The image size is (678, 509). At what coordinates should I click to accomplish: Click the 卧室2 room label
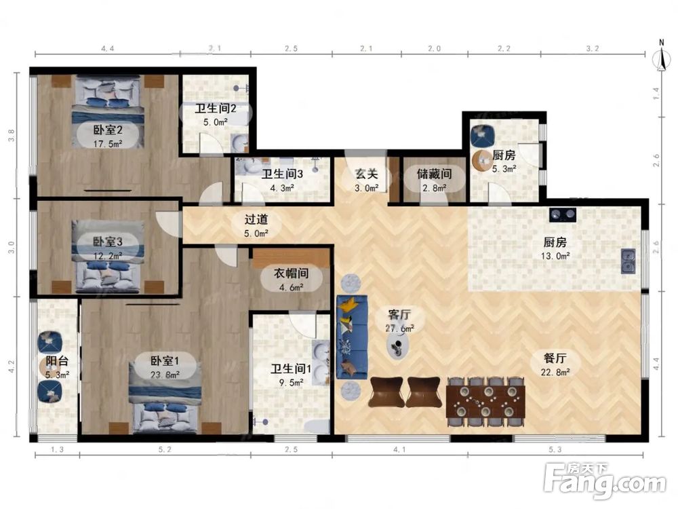tap(108, 130)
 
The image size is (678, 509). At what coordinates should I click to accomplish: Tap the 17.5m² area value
tap(108, 144)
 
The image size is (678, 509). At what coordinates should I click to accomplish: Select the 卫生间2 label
tap(216, 108)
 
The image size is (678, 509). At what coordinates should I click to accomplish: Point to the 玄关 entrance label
tap(366, 174)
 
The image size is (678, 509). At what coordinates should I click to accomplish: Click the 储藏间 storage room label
tap(434, 174)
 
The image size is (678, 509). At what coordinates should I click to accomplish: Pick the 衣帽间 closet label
tap(291, 273)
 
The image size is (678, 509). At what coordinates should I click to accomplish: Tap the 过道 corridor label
tap(256, 219)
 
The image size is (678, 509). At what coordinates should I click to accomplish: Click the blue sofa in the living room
tap(352, 337)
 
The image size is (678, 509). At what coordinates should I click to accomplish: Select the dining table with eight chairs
tap(485, 402)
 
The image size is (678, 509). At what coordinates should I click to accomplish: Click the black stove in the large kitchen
tap(563, 214)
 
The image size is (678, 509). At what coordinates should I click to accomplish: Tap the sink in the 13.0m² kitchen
tap(628, 261)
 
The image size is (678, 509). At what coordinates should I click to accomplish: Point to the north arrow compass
tap(661, 56)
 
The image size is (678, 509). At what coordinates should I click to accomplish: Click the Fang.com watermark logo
tap(605, 481)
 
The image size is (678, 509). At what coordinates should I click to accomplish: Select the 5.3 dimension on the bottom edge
tap(555, 450)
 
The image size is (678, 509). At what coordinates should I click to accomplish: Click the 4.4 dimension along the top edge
tap(108, 48)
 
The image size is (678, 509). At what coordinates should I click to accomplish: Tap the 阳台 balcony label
tap(57, 361)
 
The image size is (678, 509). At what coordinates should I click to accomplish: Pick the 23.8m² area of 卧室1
tap(165, 375)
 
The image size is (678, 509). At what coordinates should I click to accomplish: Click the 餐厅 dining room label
tap(555, 358)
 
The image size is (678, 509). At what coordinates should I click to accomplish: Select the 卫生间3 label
tap(282, 174)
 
